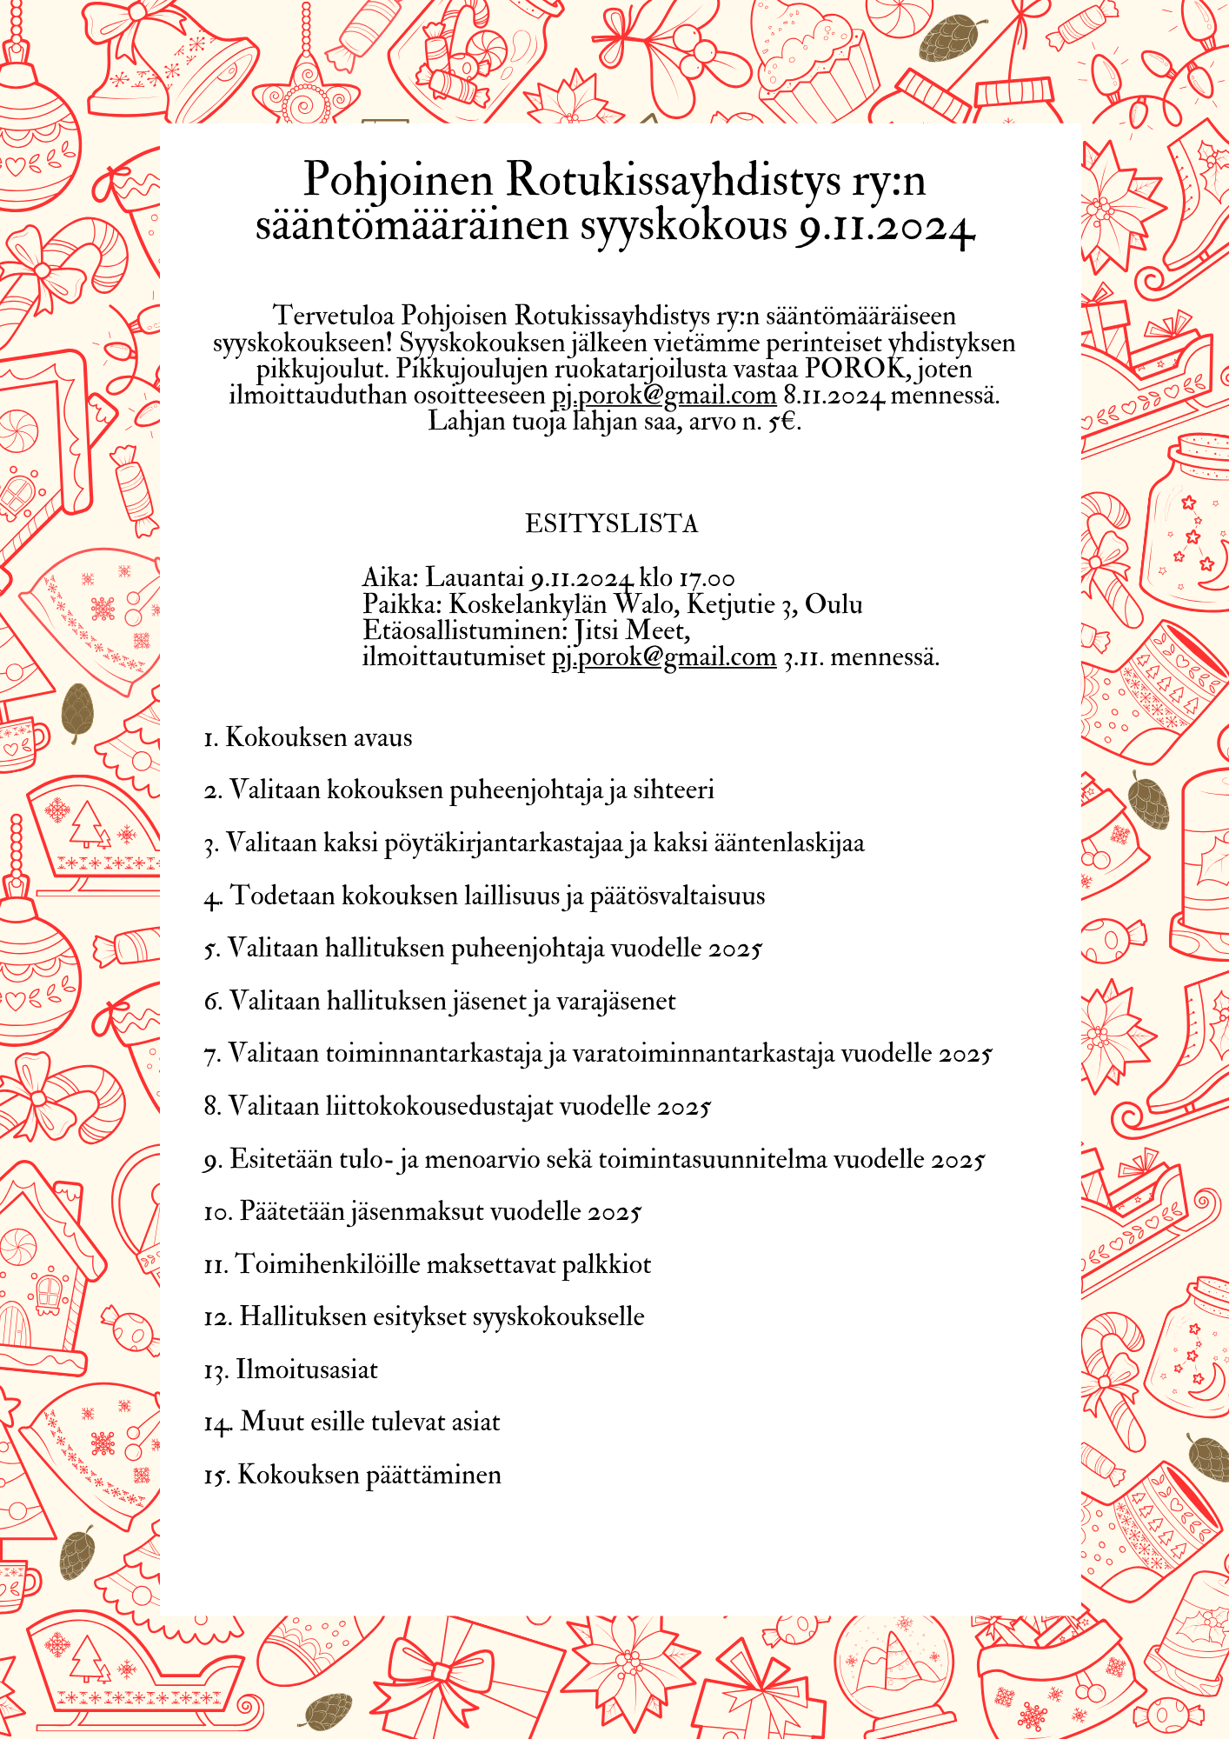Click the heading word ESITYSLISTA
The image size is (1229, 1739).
[x=612, y=523]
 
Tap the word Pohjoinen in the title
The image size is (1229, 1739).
[x=398, y=180]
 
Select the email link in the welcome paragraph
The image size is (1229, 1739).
[x=664, y=396]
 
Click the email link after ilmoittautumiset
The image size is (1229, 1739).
[x=664, y=656]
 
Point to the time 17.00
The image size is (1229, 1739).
[x=708, y=578]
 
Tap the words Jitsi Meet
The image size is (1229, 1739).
[x=633, y=630]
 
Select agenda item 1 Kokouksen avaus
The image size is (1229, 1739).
[x=309, y=737]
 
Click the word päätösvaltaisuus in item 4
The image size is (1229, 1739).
[x=677, y=896]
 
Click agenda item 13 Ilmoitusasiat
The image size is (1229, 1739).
[x=291, y=1369]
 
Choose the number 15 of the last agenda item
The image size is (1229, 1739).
[x=216, y=1476]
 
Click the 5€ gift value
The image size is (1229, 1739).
[x=782, y=423]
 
